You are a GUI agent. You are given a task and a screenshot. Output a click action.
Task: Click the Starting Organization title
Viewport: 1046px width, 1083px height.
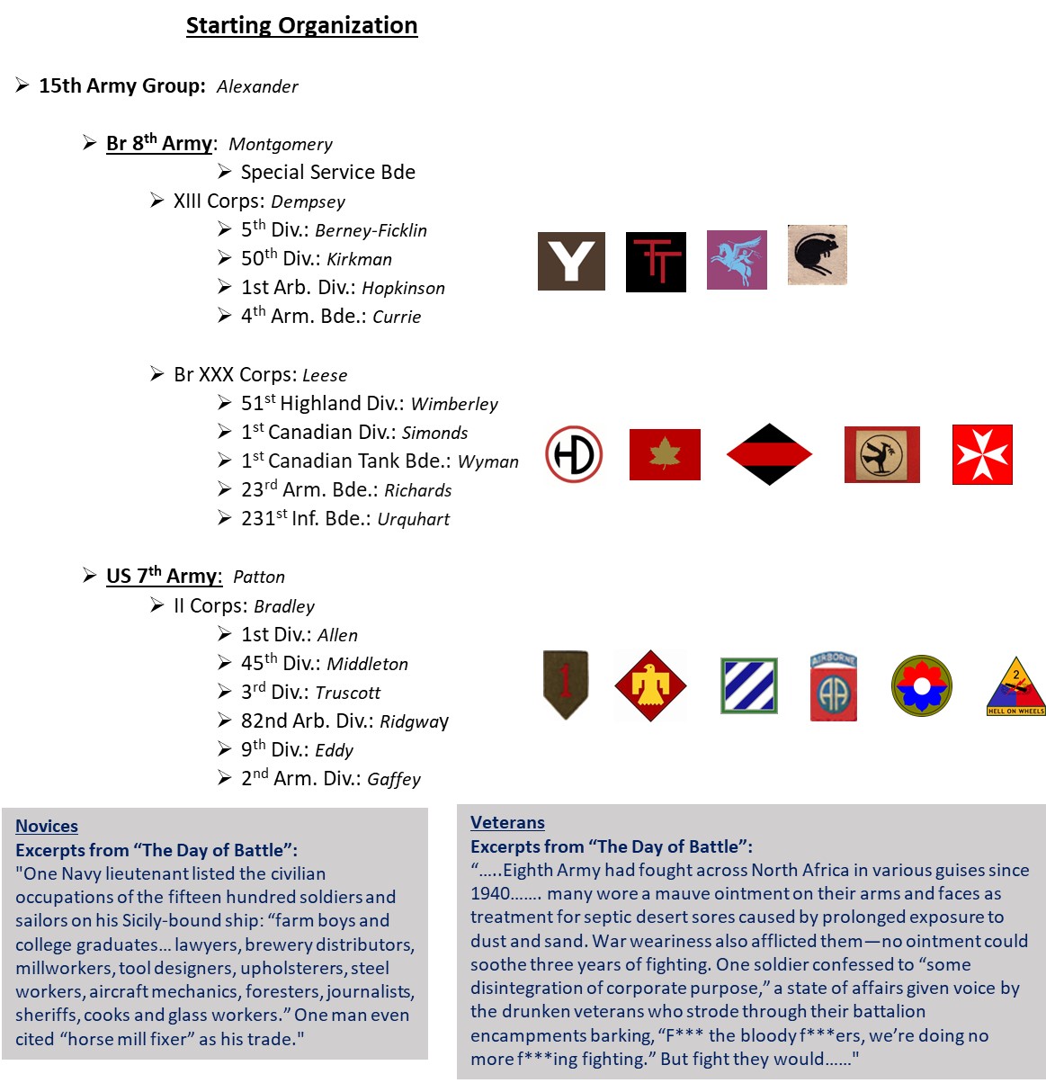tap(301, 25)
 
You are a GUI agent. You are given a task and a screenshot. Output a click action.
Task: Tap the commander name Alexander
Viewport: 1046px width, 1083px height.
tap(257, 86)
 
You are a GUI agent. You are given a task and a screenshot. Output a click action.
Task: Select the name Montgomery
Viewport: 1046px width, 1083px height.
tap(281, 144)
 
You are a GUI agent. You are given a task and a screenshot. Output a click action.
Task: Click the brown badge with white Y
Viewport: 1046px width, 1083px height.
tap(571, 261)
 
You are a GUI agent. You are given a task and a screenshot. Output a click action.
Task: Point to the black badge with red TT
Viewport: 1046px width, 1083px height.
tap(656, 262)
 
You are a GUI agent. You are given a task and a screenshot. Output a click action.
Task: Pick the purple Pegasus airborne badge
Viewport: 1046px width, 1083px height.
tap(737, 259)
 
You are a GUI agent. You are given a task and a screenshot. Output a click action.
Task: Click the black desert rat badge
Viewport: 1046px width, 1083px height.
tap(818, 255)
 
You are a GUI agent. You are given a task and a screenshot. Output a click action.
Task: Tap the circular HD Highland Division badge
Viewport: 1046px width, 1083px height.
tap(574, 454)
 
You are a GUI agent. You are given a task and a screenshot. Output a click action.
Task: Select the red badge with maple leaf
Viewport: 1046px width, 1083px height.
tap(665, 454)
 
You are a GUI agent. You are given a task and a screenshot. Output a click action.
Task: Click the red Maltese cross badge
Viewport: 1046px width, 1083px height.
tap(982, 454)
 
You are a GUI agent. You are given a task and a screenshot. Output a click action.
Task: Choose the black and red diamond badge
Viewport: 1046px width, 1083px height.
tap(769, 454)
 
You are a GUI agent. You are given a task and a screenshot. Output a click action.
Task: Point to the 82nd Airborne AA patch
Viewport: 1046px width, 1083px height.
tap(833, 686)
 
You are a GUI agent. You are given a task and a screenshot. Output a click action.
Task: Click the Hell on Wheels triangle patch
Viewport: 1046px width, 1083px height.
tap(1016, 687)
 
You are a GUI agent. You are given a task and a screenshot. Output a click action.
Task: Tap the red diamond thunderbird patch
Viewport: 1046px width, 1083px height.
tap(650, 686)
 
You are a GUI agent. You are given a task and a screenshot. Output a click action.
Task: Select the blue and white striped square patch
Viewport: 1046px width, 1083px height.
tap(748, 686)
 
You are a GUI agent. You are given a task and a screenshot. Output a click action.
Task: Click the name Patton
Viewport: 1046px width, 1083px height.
tap(259, 577)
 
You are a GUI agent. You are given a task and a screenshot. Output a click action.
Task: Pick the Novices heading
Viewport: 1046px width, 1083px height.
tap(47, 826)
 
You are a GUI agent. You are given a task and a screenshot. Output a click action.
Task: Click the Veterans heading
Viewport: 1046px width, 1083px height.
tap(507, 822)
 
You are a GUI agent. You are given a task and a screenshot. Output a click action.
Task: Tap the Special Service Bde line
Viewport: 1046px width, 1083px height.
tap(327, 172)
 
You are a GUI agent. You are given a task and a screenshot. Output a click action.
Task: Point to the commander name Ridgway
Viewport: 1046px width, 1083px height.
tap(414, 721)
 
